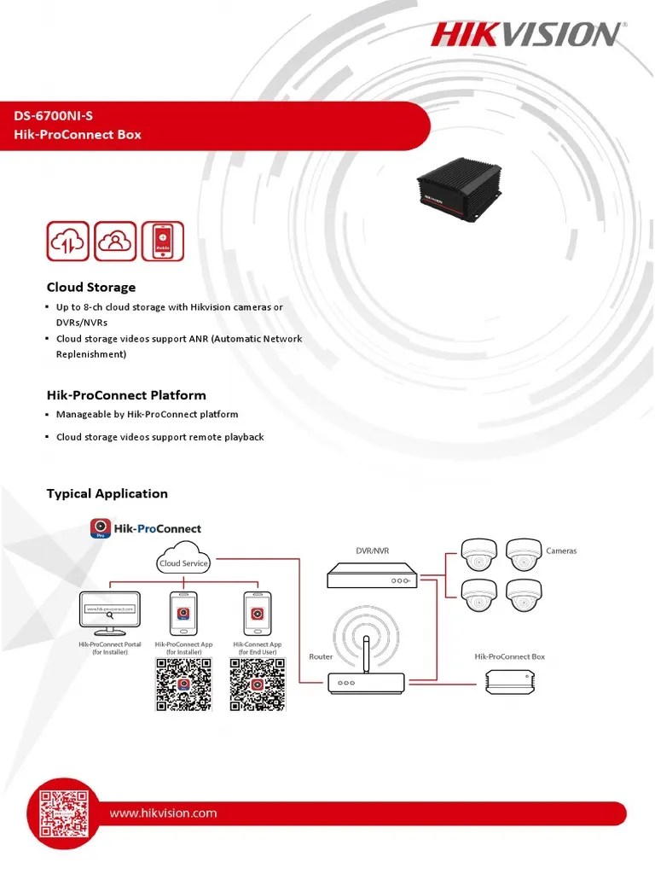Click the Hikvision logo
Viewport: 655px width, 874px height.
(525, 34)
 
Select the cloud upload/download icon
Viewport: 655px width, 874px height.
(67, 242)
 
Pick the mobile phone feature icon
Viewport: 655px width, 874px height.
(162, 242)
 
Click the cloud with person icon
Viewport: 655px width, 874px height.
(114, 242)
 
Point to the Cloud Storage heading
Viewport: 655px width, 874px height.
(90, 288)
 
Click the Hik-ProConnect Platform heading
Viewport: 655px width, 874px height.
(125, 395)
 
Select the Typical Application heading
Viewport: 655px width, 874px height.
(107, 493)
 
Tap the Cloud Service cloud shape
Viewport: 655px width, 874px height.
(183, 562)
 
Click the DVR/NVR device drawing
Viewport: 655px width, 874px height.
(372, 578)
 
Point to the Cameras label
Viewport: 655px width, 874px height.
(560, 551)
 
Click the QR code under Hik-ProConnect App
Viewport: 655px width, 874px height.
(183, 685)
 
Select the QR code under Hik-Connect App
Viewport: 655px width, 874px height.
(257, 685)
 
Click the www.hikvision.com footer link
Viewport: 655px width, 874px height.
(163, 813)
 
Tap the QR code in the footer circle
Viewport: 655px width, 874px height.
(61, 812)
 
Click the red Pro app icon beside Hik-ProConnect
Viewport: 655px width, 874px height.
(101, 528)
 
